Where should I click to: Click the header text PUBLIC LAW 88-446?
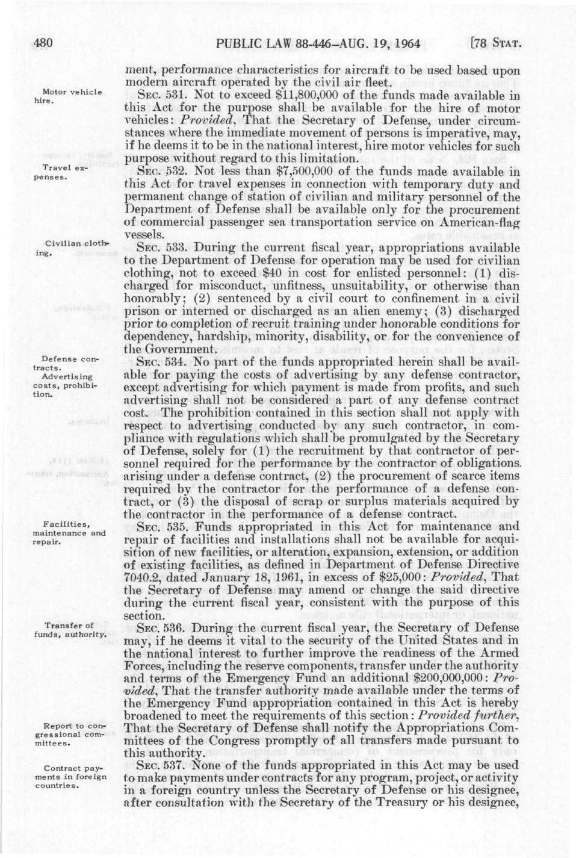tap(265, 43)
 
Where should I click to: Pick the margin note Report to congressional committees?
tap(71, 734)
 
